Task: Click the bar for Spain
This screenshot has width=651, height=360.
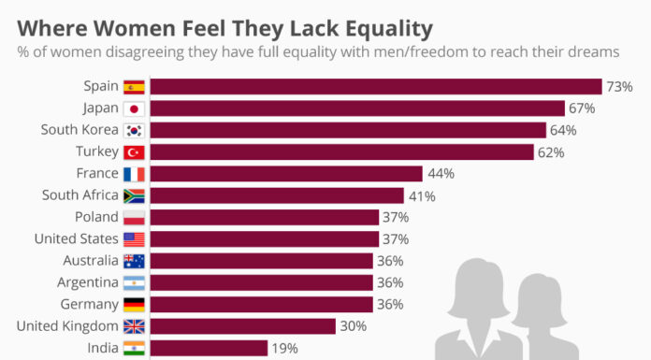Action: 374,86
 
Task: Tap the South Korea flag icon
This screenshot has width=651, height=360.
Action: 134,130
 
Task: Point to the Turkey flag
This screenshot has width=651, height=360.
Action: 134,151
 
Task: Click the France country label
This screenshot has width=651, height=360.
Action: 95,173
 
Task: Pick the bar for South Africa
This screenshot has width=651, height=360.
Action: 276,195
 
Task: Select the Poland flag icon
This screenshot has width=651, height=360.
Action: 134,217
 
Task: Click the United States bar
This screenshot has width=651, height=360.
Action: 264,238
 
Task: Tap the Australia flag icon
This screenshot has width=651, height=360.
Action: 134,261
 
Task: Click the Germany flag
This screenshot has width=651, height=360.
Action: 134,304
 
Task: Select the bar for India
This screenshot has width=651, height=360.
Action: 209,348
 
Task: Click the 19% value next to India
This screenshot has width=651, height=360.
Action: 285,348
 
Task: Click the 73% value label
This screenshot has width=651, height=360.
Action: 619,86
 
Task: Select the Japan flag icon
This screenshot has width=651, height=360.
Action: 134,108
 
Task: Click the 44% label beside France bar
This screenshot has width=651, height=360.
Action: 441,173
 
